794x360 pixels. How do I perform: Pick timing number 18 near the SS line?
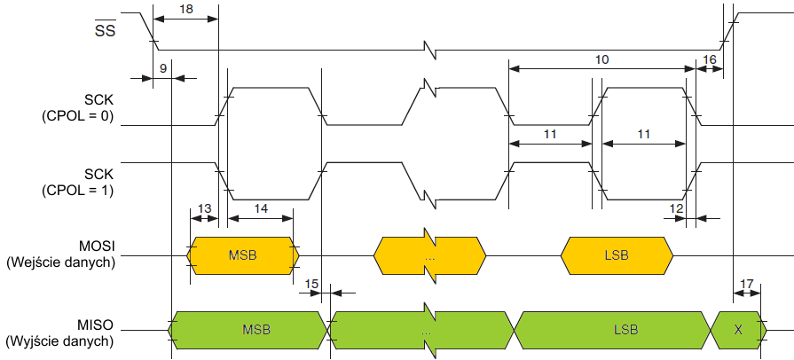coord(185,8)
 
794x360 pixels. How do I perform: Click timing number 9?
coord(163,68)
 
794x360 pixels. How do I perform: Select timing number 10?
coord(601,59)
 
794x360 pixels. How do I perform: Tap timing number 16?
coord(709,59)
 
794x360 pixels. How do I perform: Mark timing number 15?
coord(311,284)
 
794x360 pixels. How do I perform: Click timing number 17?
coord(747,284)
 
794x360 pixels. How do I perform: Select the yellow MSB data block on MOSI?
coord(243,255)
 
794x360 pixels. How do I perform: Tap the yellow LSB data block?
coord(617,255)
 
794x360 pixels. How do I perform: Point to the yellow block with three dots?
coord(429,256)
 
